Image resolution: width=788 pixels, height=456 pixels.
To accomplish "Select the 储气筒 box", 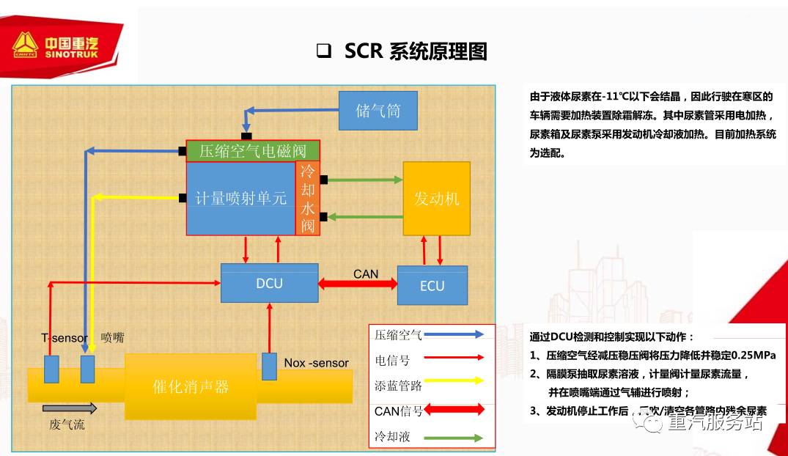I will [378, 111].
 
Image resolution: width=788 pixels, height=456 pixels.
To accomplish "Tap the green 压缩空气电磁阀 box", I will [253, 152].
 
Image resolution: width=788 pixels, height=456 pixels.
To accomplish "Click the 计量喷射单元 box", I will [241, 199].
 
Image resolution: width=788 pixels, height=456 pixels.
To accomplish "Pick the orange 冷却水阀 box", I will [308, 199].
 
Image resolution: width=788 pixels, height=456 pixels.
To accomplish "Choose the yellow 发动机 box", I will [436, 199].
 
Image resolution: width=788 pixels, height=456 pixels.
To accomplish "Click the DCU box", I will [270, 283].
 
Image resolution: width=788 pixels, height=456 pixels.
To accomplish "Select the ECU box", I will [432, 285].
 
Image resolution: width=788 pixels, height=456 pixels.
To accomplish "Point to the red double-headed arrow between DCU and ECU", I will [358, 284].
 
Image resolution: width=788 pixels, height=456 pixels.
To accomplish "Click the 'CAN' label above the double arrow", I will [366, 273].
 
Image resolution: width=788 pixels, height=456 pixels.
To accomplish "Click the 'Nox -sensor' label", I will [317, 363].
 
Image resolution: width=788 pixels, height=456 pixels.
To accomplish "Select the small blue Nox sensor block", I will [269, 367].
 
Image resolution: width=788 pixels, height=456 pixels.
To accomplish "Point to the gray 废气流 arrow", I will [69, 408].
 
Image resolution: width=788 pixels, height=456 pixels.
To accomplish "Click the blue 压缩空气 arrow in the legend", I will [454, 334].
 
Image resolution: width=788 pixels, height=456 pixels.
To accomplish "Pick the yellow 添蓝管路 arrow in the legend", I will [454, 380].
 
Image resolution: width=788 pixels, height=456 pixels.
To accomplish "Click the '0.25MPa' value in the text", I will [752, 356].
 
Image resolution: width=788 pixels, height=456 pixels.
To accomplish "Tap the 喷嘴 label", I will [112, 338].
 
